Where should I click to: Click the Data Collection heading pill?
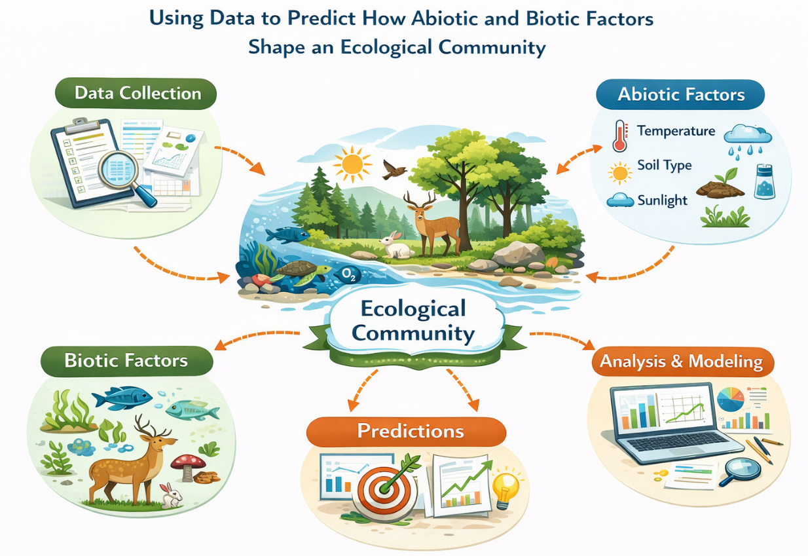(x=136, y=94)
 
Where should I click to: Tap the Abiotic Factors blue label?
(x=680, y=94)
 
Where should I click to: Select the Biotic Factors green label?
(x=126, y=361)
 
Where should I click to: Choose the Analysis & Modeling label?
(x=683, y=362)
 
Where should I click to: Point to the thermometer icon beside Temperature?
(x=620, y=136)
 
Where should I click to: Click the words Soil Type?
(x=665, y=165)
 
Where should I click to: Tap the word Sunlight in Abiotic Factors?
(x=662, y=200)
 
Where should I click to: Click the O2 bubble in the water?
(x=348, y=275)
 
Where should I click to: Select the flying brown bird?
(x=394, y=170)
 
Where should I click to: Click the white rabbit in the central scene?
(x=396, y=246)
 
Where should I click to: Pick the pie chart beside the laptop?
(x=731, y=399)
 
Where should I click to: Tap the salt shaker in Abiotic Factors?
(x=764, y=181)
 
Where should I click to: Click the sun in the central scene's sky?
(x=352, y=164)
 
